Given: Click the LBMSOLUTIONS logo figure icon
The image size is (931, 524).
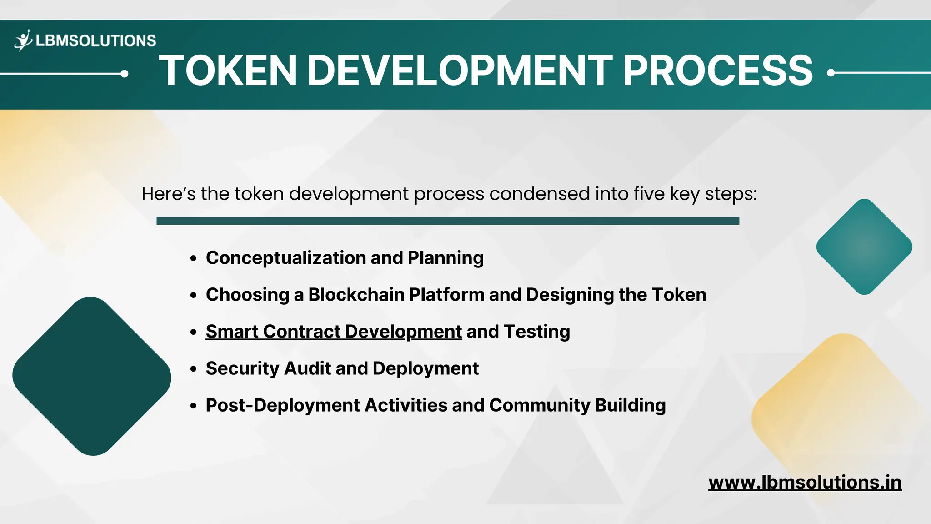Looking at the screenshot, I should coord(23,40).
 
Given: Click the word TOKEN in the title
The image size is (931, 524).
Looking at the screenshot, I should coord(227,71).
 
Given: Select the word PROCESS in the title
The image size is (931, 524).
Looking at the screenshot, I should coord(717,71).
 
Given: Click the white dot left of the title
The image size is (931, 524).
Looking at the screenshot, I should coord(125,74).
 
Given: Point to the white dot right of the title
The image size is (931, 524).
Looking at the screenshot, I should coord(831,73).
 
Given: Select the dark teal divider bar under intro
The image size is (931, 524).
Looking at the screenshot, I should coord(448,221).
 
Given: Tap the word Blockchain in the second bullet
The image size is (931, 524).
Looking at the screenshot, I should coord(356,295).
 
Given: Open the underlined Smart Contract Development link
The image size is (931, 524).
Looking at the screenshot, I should coord(334,332).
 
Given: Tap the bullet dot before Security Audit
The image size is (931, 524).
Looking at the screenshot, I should coord(194,369).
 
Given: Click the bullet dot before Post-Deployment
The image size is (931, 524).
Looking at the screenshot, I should coord(194,406).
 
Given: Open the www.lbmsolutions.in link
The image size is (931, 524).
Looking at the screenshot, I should coord(805,483).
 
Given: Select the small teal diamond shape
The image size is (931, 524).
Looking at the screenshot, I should coord(864,247).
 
